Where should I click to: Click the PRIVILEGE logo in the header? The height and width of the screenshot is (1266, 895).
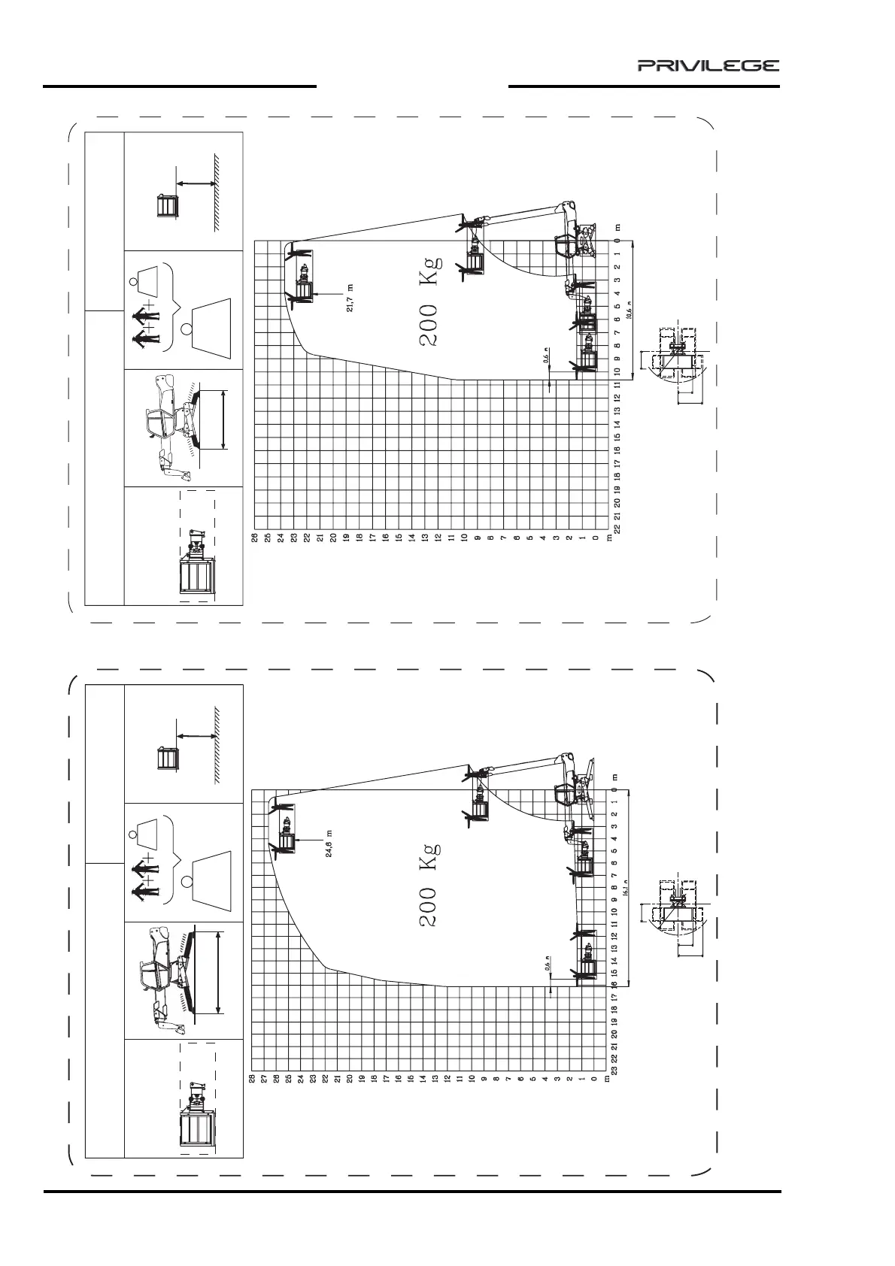(x=708, y=65)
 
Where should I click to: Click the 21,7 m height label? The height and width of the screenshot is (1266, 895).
(x=350, y=298)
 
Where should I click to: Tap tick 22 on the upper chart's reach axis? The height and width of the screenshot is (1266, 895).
(x=617, y=529)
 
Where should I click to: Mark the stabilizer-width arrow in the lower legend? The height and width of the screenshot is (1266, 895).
(x=217, y=972)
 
